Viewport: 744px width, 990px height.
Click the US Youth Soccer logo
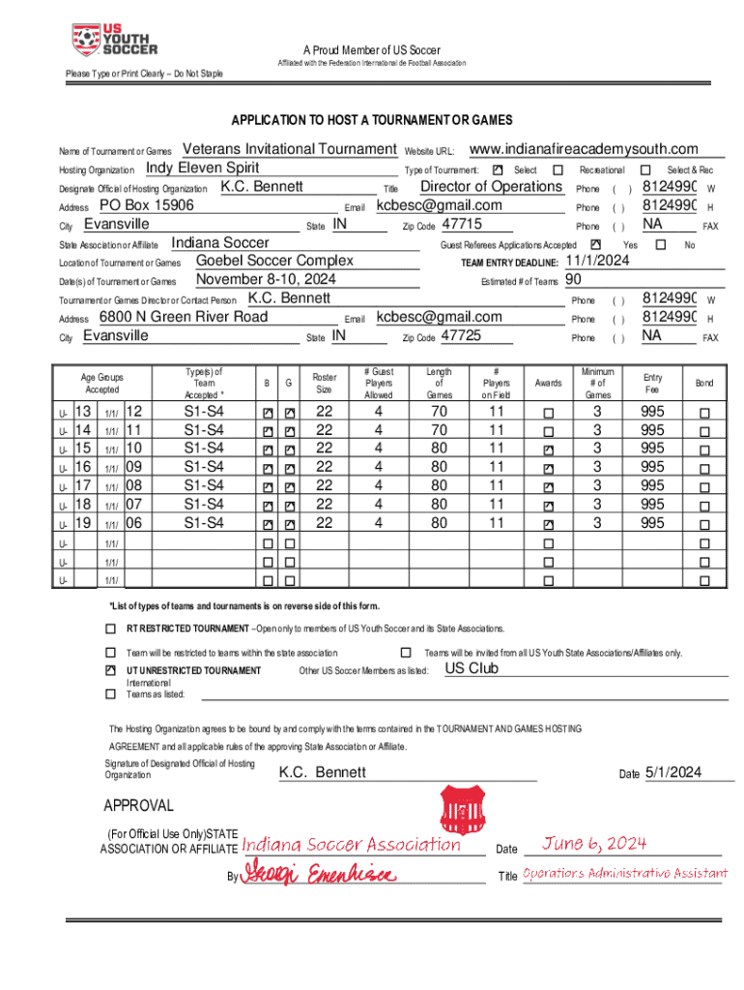coord(114,40)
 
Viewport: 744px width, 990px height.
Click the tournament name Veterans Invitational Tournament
coord(289,149)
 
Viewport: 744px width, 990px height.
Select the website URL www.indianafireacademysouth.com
coord(583,149)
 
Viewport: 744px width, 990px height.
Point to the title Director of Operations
coord(491,187)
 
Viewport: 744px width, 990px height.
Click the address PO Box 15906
coord(147,206)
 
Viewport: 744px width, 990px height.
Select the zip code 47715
coord(461,224)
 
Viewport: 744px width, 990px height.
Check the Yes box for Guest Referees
coord(594,245)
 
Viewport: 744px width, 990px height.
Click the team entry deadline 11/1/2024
coord(597,261)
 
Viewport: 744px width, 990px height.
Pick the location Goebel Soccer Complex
coord(274,261)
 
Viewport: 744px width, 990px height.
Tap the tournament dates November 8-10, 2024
coord(266,280)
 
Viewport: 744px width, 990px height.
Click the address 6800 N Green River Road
coord(183,317)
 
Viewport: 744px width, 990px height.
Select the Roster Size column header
coord(325,383)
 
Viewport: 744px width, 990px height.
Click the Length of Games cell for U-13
coord(439,411)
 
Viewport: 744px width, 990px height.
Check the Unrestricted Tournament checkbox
coord(110,670)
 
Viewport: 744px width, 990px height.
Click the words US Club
coord(472,668)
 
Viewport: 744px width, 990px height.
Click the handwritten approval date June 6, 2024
coord(593,844)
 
